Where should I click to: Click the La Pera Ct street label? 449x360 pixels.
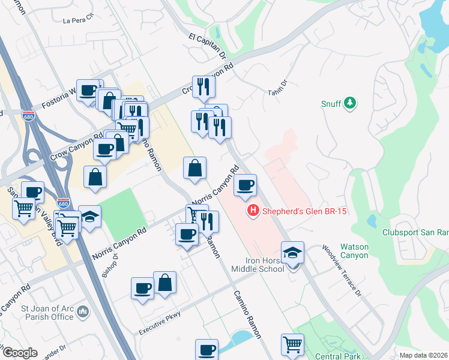point(79,20)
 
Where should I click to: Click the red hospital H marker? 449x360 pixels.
point(253,211)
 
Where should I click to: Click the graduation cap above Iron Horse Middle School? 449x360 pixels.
point(292,252)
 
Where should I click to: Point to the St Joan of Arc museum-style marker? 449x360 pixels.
point(83,311)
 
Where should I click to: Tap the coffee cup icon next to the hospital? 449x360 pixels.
point(245,185)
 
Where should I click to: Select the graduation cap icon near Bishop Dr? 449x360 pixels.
point(89,217)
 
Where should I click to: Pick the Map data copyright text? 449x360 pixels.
point(424,355)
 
